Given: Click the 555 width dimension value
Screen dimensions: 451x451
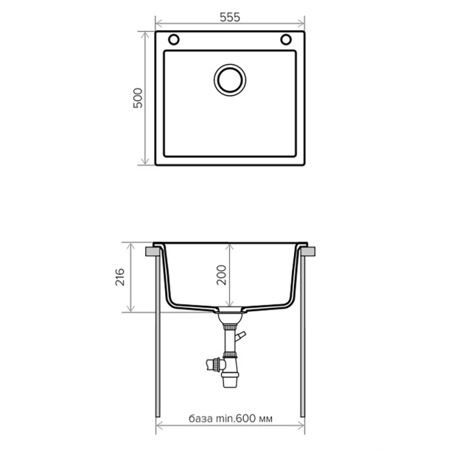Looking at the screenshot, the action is (229, 18).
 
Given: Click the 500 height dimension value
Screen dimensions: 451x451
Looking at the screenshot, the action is (138, 98).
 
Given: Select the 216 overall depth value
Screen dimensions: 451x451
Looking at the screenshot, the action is (120, 277).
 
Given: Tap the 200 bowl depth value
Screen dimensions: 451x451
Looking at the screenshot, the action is (222, 276).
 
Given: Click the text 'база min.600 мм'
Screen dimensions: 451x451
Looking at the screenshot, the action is (231, 419).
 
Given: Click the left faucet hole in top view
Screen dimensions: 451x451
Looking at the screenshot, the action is (174, 40).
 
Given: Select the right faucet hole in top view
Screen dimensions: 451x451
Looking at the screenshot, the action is (286, 40).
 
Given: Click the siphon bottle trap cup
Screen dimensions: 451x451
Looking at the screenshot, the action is (230, 380).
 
